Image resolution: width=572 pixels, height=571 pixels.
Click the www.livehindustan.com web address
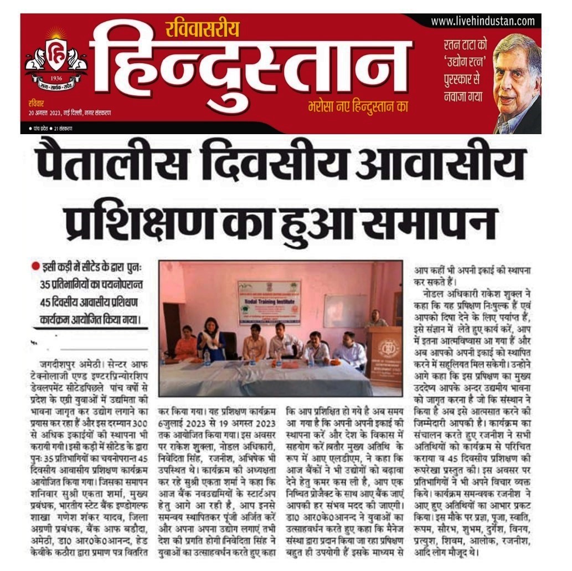pos(483,22)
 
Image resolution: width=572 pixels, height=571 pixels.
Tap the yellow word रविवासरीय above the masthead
pos(202,28)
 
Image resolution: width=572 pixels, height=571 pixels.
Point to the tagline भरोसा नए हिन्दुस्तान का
pos(358,106)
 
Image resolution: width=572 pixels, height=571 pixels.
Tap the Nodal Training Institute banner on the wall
pos(270,302)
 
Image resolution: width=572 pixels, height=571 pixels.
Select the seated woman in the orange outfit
pos(186,344)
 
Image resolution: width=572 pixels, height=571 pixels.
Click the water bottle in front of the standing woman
pos(207,358)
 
